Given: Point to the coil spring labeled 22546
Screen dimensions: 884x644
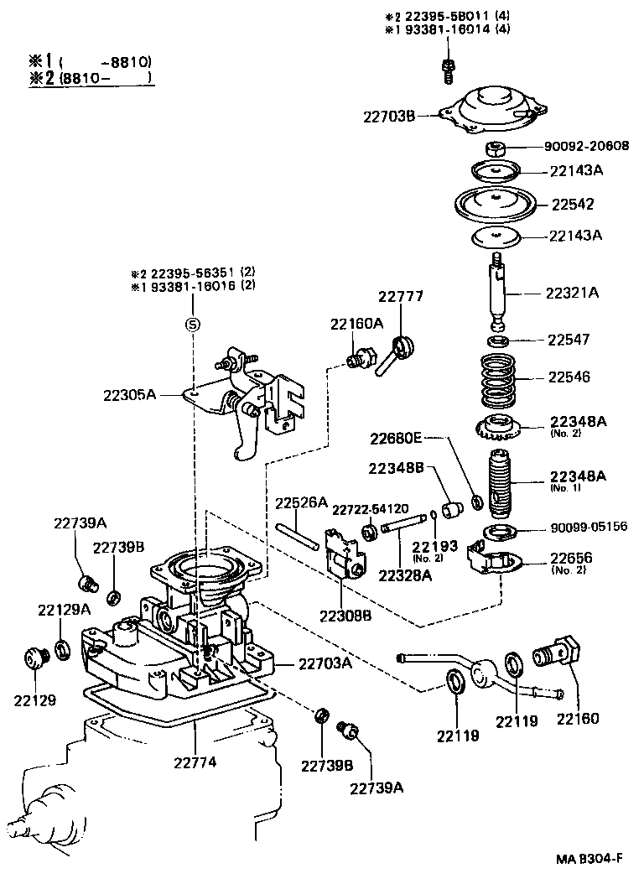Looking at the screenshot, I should pyautogui.click(x=496, y=378).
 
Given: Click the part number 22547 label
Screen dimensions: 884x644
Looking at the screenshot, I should pyautogui.click(x=569, y=340).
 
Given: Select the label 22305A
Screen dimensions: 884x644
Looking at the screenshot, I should pyautogui.click(x=130, y=393).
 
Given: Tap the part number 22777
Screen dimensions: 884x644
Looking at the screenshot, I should pyautogui.click(x=400, y=297).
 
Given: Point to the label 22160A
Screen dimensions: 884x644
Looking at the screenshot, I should pyautogui.click(x=356, y=323).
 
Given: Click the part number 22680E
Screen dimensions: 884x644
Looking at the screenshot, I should pyautogui.click(x=398, y=437).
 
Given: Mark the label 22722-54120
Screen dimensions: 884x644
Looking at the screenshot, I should pyautogui.click(x=370, y=508).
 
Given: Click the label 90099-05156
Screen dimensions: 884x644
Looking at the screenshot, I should pyautogui.click(x=589, y=528).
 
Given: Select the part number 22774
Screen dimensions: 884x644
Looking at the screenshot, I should pyautogui.click(x=196, y=762).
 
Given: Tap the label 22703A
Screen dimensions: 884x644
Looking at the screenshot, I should pyautogui.click(x=323, y=663).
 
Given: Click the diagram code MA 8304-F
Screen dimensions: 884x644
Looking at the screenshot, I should pyautogui.click(x=589, y=858).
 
